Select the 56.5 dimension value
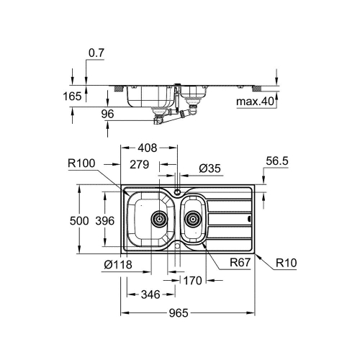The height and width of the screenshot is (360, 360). point(276,163)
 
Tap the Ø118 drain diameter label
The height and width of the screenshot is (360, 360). point(118,264)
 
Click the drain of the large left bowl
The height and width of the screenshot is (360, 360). point(158,217)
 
